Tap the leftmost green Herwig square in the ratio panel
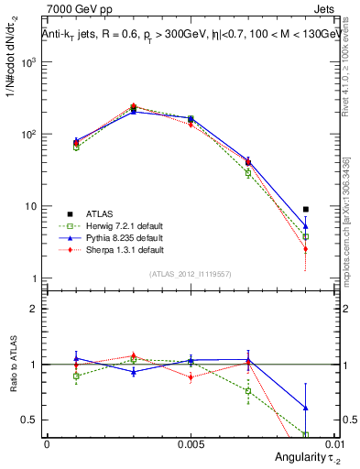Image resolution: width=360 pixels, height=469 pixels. point(76,376)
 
